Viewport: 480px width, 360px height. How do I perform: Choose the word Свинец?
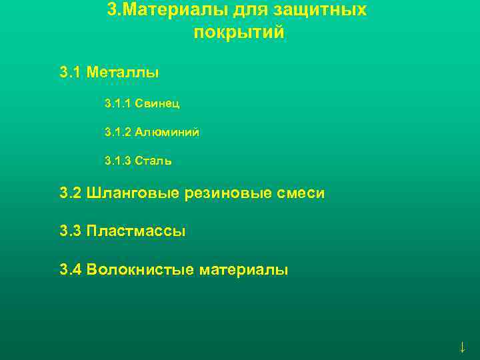point(157,103)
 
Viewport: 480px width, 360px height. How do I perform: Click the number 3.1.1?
point(117,103)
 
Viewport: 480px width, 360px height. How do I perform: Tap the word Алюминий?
point(167,132)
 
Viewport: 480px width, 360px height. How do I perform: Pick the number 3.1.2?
point(117,132)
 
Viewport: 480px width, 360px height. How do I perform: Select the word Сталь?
point(153,161)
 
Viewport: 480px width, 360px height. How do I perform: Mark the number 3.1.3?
point(117,161)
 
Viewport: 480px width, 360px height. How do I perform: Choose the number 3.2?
point(70,193)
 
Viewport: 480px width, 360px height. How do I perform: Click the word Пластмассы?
point(136,231)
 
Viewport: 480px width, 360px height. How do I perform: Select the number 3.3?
point(70,231)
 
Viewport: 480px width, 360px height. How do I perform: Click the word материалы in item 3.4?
point(242,270)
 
